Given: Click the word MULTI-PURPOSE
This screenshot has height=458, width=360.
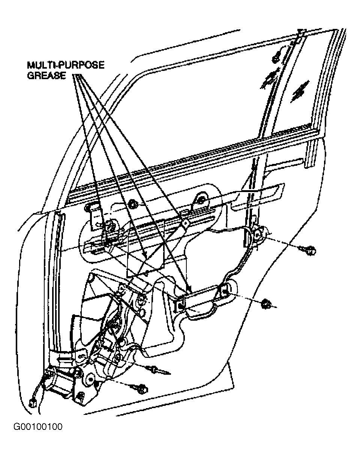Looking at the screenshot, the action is coord(66,65).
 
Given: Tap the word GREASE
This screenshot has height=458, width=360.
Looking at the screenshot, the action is coord(46,75).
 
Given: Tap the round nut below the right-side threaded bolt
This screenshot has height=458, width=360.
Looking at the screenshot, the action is coord(265,303).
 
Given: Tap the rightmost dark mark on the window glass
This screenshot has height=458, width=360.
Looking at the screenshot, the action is coord(300,90).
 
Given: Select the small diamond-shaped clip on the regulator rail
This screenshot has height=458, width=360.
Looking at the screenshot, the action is coord(186,222).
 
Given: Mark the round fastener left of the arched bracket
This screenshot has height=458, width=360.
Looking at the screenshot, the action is coord(134,205).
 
